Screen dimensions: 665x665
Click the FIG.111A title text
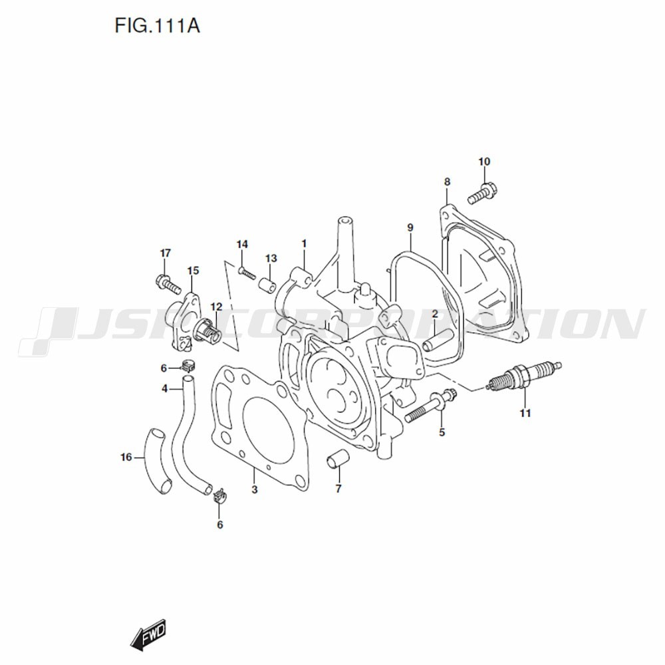pos(158,27)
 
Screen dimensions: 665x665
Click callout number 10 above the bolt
pos(483,162)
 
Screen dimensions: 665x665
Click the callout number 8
pos(447,182)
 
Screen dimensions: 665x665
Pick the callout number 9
pos(410,228)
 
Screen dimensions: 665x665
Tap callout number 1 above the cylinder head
pos(303,244)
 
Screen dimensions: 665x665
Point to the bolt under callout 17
pos(168,285)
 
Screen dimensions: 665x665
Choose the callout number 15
pos(193,271)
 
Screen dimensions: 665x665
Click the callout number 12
pos(216,307)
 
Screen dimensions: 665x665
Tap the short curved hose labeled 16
pos(155,458)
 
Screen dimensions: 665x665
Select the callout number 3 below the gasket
pos(254,490)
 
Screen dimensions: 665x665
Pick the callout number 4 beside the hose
pos(164,388)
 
